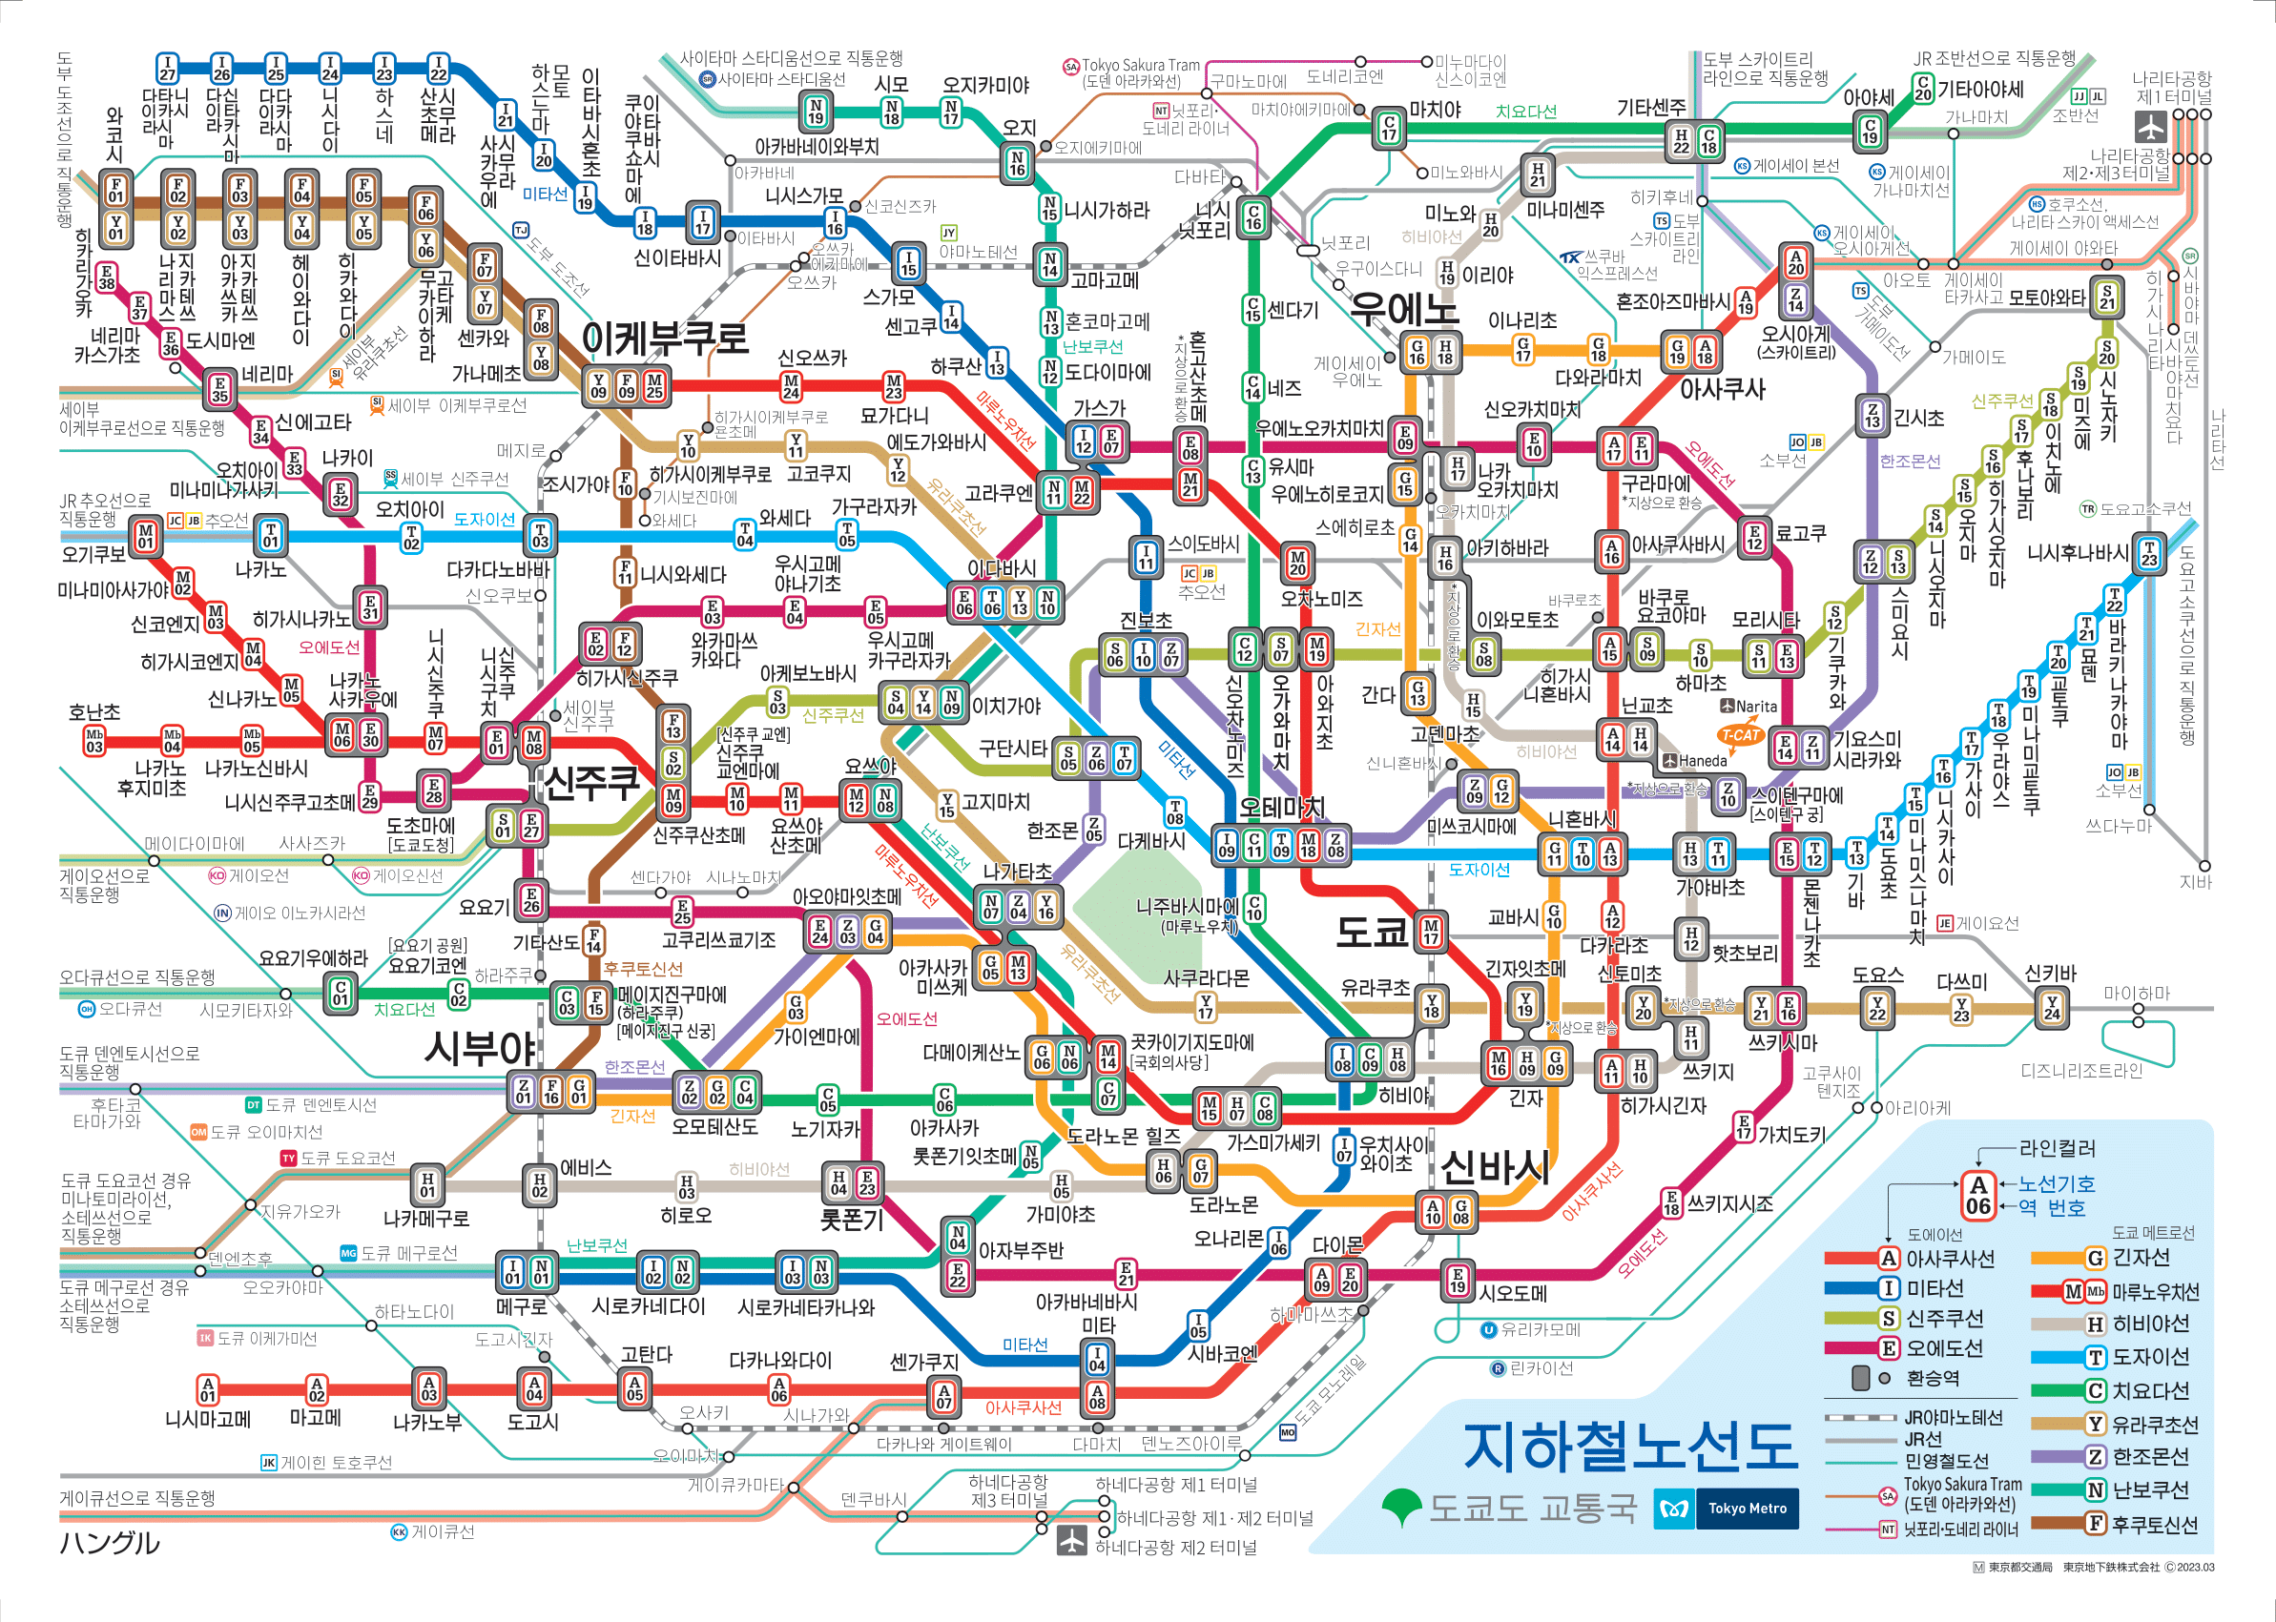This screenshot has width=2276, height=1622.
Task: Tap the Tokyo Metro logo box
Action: coord(1726,1509)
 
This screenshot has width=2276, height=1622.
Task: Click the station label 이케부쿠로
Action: coord(665,339)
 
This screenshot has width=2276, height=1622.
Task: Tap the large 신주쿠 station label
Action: coord(591,782)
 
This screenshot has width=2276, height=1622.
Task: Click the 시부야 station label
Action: coord(481,1049)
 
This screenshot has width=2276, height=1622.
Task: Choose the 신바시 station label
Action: coord(1496,1166)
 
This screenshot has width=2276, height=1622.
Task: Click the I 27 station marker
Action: coord(167,68)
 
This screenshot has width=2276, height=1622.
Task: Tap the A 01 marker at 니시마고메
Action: coord(207,1389)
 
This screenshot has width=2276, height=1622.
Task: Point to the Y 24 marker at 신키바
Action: coord(2051,1007)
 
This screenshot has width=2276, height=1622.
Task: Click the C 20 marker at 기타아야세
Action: coord(1922,89)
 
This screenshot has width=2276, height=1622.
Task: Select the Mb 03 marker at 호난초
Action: coord(93,740)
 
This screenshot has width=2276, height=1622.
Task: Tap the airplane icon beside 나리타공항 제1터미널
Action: coord(2150,128)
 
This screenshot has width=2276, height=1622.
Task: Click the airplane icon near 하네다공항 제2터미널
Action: coord(1071,1539)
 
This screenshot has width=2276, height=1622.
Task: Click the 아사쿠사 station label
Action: coord(1722,389)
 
